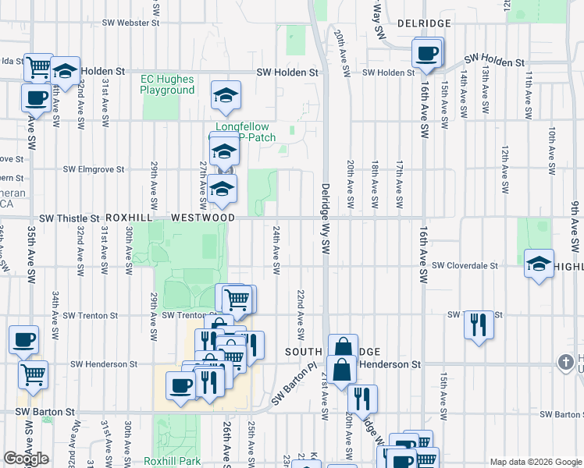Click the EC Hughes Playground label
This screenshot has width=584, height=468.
167,84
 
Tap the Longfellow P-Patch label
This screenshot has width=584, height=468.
246,132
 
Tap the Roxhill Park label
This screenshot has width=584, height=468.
173,461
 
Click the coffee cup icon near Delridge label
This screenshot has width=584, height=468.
427,55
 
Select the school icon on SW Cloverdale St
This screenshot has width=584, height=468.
539,264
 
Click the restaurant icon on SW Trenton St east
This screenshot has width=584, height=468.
479,324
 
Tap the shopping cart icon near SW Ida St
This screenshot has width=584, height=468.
37,67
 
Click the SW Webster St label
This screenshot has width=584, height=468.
132,23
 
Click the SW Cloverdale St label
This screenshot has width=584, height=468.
465,266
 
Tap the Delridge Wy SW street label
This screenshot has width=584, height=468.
325,218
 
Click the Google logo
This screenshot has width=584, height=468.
26,459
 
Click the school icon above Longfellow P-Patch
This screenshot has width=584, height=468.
226,95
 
